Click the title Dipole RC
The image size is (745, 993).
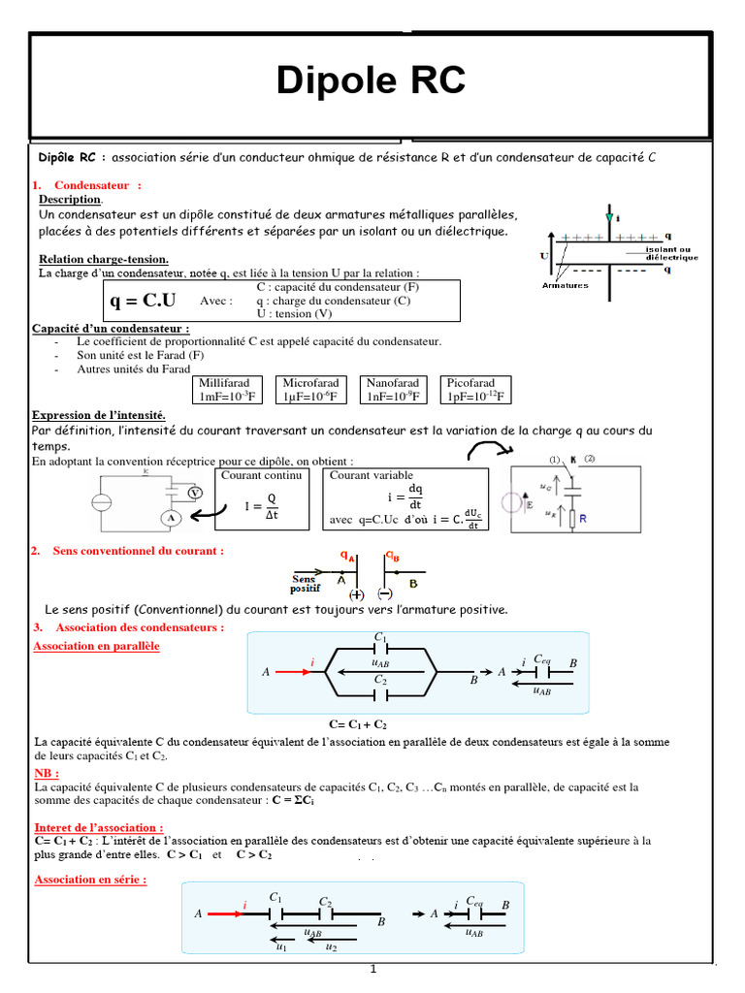click(x=372, y=81)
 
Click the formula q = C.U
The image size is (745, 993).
click(x=143, y=302)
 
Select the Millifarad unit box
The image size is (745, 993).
click(x=228, y=390)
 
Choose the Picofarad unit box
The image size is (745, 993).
click(x=475, y=390)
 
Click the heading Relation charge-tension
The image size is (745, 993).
click(x=104, y=259)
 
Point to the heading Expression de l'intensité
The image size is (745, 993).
click(x=99, y=415)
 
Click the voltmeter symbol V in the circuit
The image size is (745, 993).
click(x=195, y=493)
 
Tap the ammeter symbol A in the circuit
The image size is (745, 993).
click(x=171, y=519)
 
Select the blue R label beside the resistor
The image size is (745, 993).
click(x=583, y=520)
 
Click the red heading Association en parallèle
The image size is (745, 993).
click(x=96, y=646)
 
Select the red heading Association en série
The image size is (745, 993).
click(x=90, y=880)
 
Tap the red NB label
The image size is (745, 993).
click(x=46, y=773)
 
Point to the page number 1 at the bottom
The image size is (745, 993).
click(x=372, y=970)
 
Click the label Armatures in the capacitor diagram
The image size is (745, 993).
click(x=566, y=285)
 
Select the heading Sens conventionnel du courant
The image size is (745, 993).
click(x=139, y=550)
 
